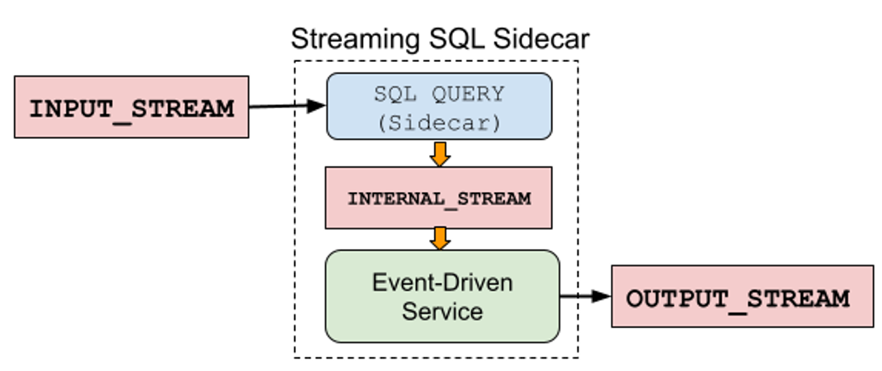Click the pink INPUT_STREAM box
[x=131, y=107]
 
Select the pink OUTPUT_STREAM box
[x=742, y=297]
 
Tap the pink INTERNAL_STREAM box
[x=439, y=199]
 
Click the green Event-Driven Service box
[x=442, y=296]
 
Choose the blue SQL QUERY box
[x=439, y=106]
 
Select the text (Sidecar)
[x=439, y=123]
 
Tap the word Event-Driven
[x=442, y=282]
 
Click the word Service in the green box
[x=442, y=311]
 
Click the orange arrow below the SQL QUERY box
[x=440, y=154]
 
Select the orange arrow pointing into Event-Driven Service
[x=440, y=238]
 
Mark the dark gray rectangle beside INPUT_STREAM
[x=270, y=89]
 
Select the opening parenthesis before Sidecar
[x=382, y=123]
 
